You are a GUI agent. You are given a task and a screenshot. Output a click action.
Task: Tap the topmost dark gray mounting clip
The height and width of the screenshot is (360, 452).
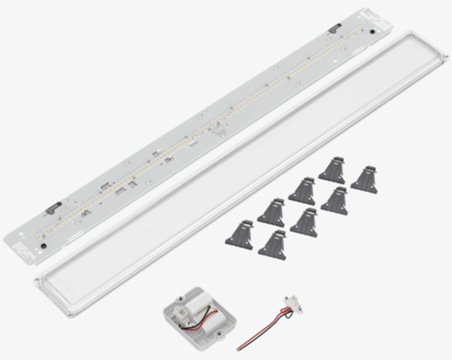(331, 167)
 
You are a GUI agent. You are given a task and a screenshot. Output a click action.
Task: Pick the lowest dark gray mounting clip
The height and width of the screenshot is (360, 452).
(273, 241)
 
